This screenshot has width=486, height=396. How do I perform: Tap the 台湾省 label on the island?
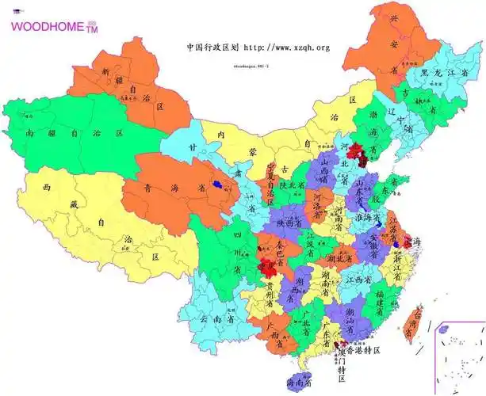click(x=411, y=326)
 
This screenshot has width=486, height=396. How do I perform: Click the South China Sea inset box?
click(x=461, y=356)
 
